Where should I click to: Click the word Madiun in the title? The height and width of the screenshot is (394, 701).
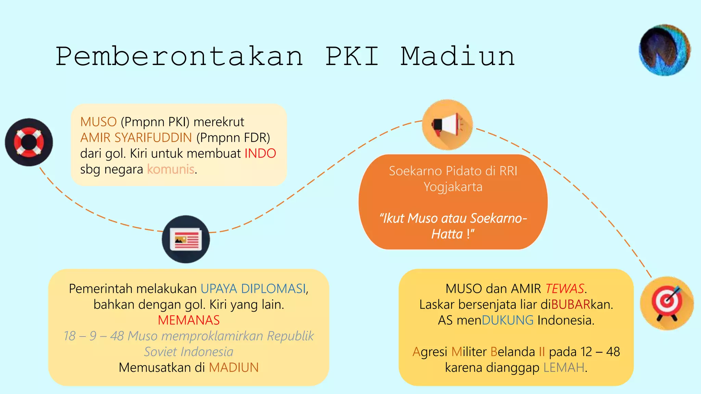tap(458, 56)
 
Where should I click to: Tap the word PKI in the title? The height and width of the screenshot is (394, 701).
tap(352, 56)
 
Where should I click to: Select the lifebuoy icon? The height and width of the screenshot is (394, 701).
tap(29, 142)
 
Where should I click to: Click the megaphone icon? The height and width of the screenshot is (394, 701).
tap(447, 125)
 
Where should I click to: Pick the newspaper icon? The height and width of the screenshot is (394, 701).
tap(186, 239)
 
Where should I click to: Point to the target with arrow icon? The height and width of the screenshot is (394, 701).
tap(666, 303)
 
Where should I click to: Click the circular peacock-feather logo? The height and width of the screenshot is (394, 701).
tap(664, 50)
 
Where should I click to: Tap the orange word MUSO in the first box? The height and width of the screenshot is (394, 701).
tap(99, 122)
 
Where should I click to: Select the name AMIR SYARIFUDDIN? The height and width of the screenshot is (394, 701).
tap(136, 138)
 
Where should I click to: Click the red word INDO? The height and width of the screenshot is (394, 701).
tap(260, 154)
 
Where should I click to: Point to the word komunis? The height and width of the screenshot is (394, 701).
tap(171, 169)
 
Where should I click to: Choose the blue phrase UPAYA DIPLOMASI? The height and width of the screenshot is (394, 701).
tap(253, 289)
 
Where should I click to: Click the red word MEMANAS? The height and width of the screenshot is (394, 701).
tap(189, 320)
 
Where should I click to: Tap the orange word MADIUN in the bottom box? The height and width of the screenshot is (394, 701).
tap(234, 368)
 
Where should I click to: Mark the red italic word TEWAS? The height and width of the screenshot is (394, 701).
tap(564, 289)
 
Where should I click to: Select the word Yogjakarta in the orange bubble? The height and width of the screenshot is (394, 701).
tap(453, 187)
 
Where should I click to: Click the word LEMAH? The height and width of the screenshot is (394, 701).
tap(564, 368)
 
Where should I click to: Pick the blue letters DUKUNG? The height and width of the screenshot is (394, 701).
tap(508, 320)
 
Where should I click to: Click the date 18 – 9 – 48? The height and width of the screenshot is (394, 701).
tap(94, 336)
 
